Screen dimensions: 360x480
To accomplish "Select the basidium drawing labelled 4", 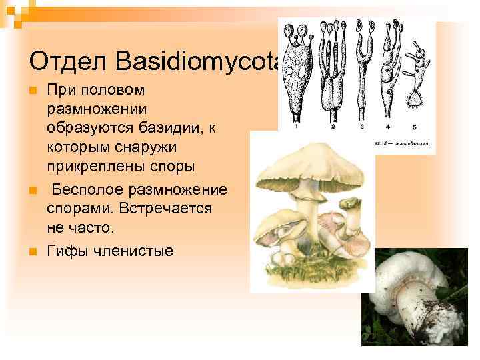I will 388,73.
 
